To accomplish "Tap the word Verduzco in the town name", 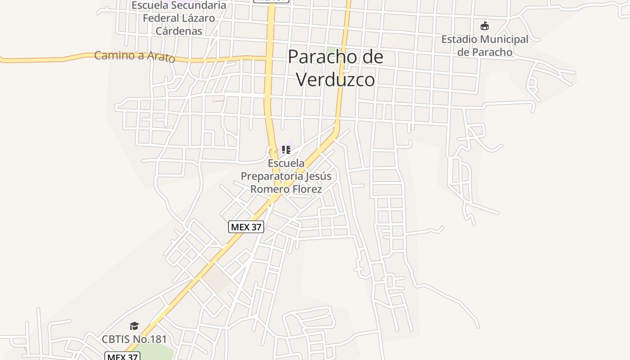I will [x=336, y=80].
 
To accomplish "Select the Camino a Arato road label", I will [x=134, y=56].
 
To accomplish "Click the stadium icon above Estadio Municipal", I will [x=485, y=26].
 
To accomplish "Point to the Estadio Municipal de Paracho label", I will [x=485, y=45].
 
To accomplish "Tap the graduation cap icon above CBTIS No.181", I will [x=134, y=326].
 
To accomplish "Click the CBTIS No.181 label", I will [x=134, y=339].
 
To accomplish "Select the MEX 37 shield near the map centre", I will [x=246, y=227].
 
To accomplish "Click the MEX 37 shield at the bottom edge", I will [x=122, y=356].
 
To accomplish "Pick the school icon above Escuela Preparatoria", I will [x=286, y=150].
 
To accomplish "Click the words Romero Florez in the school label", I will [x=286, y=189].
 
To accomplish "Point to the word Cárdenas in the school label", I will [x=179, y=31].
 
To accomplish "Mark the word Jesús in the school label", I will [x=318, y=176].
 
